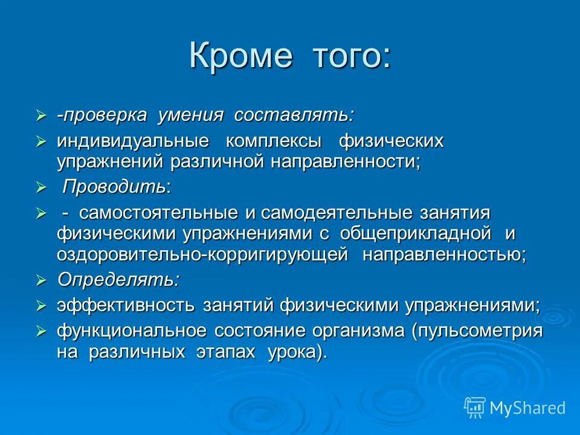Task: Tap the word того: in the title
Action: tap(350, 56)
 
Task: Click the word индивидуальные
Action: tap(133, 142)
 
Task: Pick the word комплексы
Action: tap(273, 142)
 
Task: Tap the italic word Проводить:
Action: tap(117, 187)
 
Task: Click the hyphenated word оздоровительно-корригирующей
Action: tap(202, 254)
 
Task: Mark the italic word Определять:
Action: tap(118, 280)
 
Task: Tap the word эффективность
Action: tap(126, 306)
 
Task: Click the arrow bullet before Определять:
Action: tap(41, 280)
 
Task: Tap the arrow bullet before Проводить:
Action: tap(41, 188)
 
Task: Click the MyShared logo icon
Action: tap(474, 407)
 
